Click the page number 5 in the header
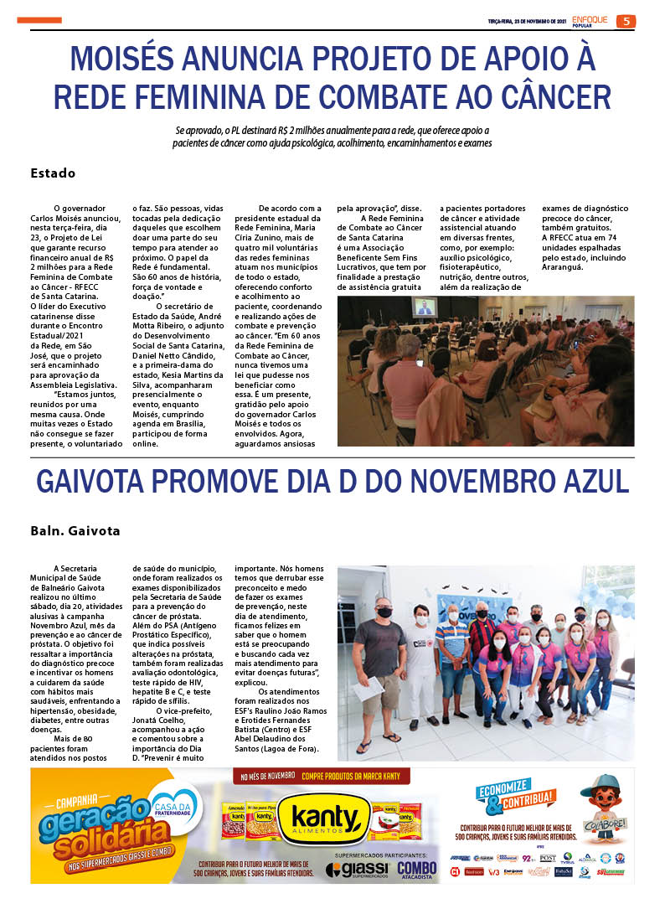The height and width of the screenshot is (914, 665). (626, 22)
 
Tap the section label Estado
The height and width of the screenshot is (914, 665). (53, 173)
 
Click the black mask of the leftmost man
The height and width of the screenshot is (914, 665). (384, 612)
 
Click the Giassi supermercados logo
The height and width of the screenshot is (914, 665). (356, 870)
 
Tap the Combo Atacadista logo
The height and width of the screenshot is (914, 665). (416, 870)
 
